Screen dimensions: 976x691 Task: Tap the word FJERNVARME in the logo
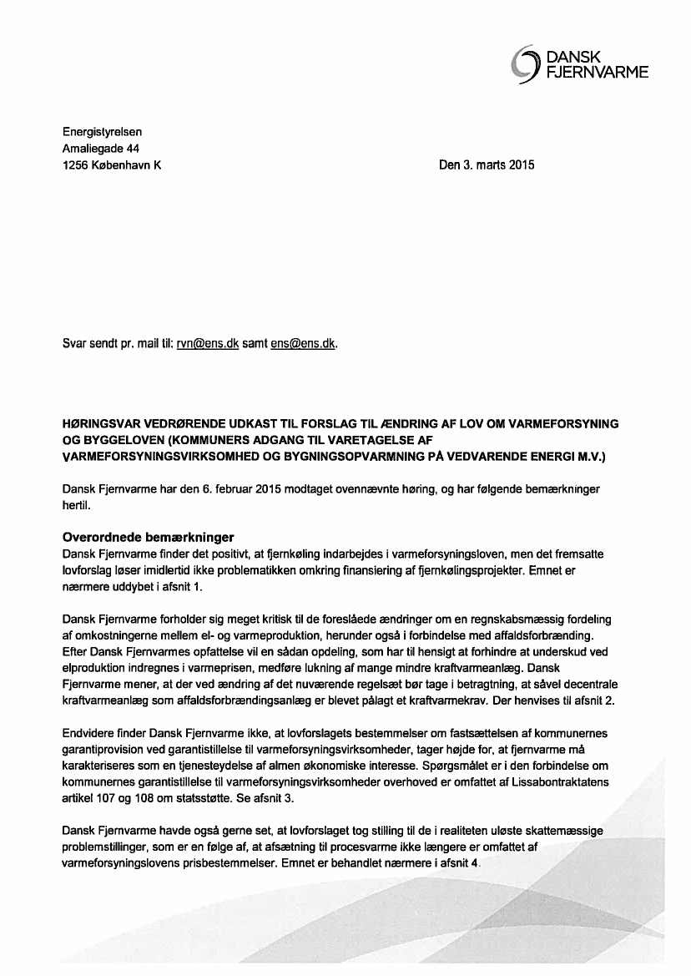click(x=597, y=73)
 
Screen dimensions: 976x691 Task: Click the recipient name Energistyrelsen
click(x=103, y=132)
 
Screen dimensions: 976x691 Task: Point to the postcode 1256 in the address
click(x=76, y=165)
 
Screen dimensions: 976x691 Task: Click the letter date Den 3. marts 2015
click(x=487, y=165)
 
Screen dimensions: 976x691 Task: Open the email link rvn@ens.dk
click(x=208, y=343)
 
